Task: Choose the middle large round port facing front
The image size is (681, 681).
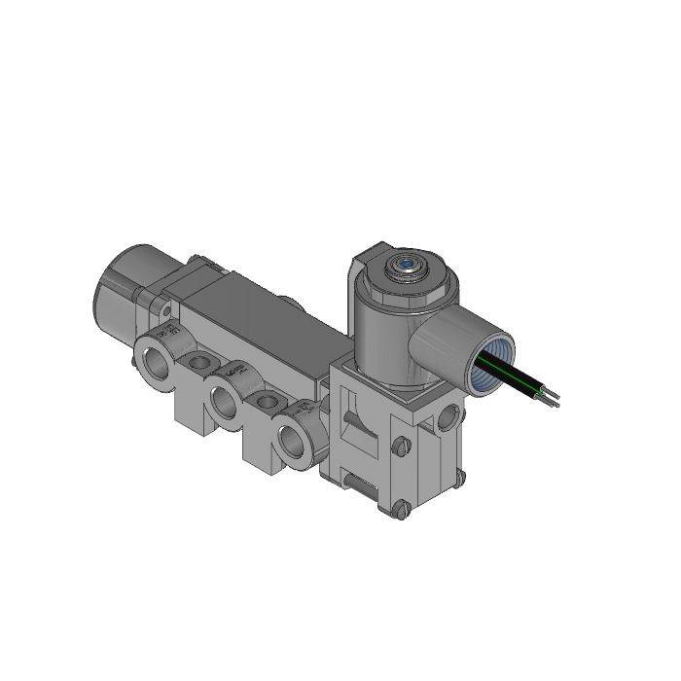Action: [x=226, y=400]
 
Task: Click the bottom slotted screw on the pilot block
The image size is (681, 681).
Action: [x=399, y=510]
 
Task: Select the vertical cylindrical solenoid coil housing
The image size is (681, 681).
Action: [x=379, y=331]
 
